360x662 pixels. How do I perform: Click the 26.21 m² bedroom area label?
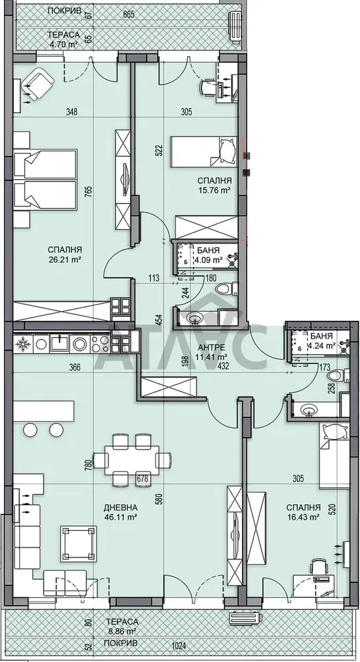coord(64,260)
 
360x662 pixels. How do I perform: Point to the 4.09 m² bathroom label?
coord(210,260)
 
